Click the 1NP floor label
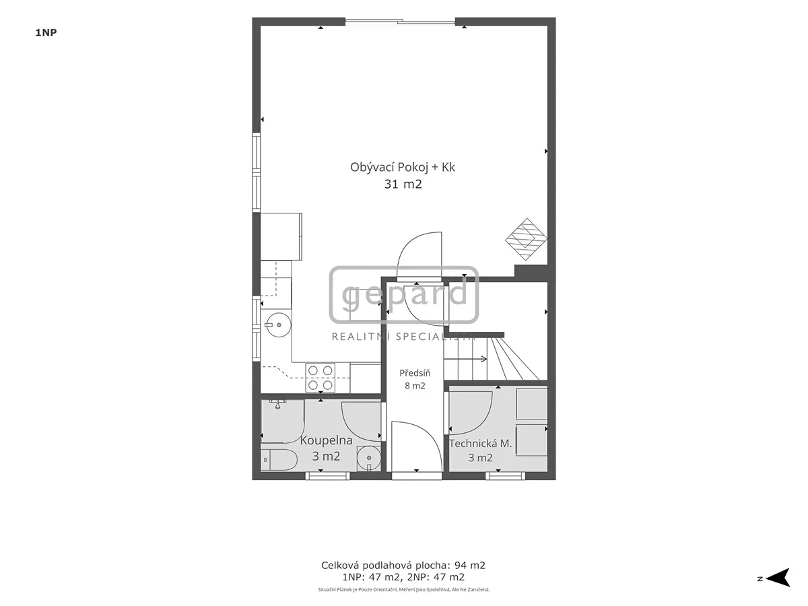(x=46, y=33)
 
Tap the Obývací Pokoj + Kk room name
(x=403, y=168)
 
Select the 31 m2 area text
(x=403, y=184)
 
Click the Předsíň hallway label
(x=415, y=373)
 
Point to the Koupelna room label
(x=326, y=440)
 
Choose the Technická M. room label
(x=480, y=444)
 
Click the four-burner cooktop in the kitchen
(x=321, y=378)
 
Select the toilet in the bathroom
(x=279, y=460)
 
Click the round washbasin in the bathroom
(x=368, y=458)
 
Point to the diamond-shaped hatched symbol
(x=526, y=239)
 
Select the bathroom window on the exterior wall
(x=328, y=476)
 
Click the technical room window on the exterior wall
(x=505, y=476)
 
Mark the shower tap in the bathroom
(x=278, y=403)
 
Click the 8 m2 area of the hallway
(x=415, y=386)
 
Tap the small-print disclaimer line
(x=404, y=589)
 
